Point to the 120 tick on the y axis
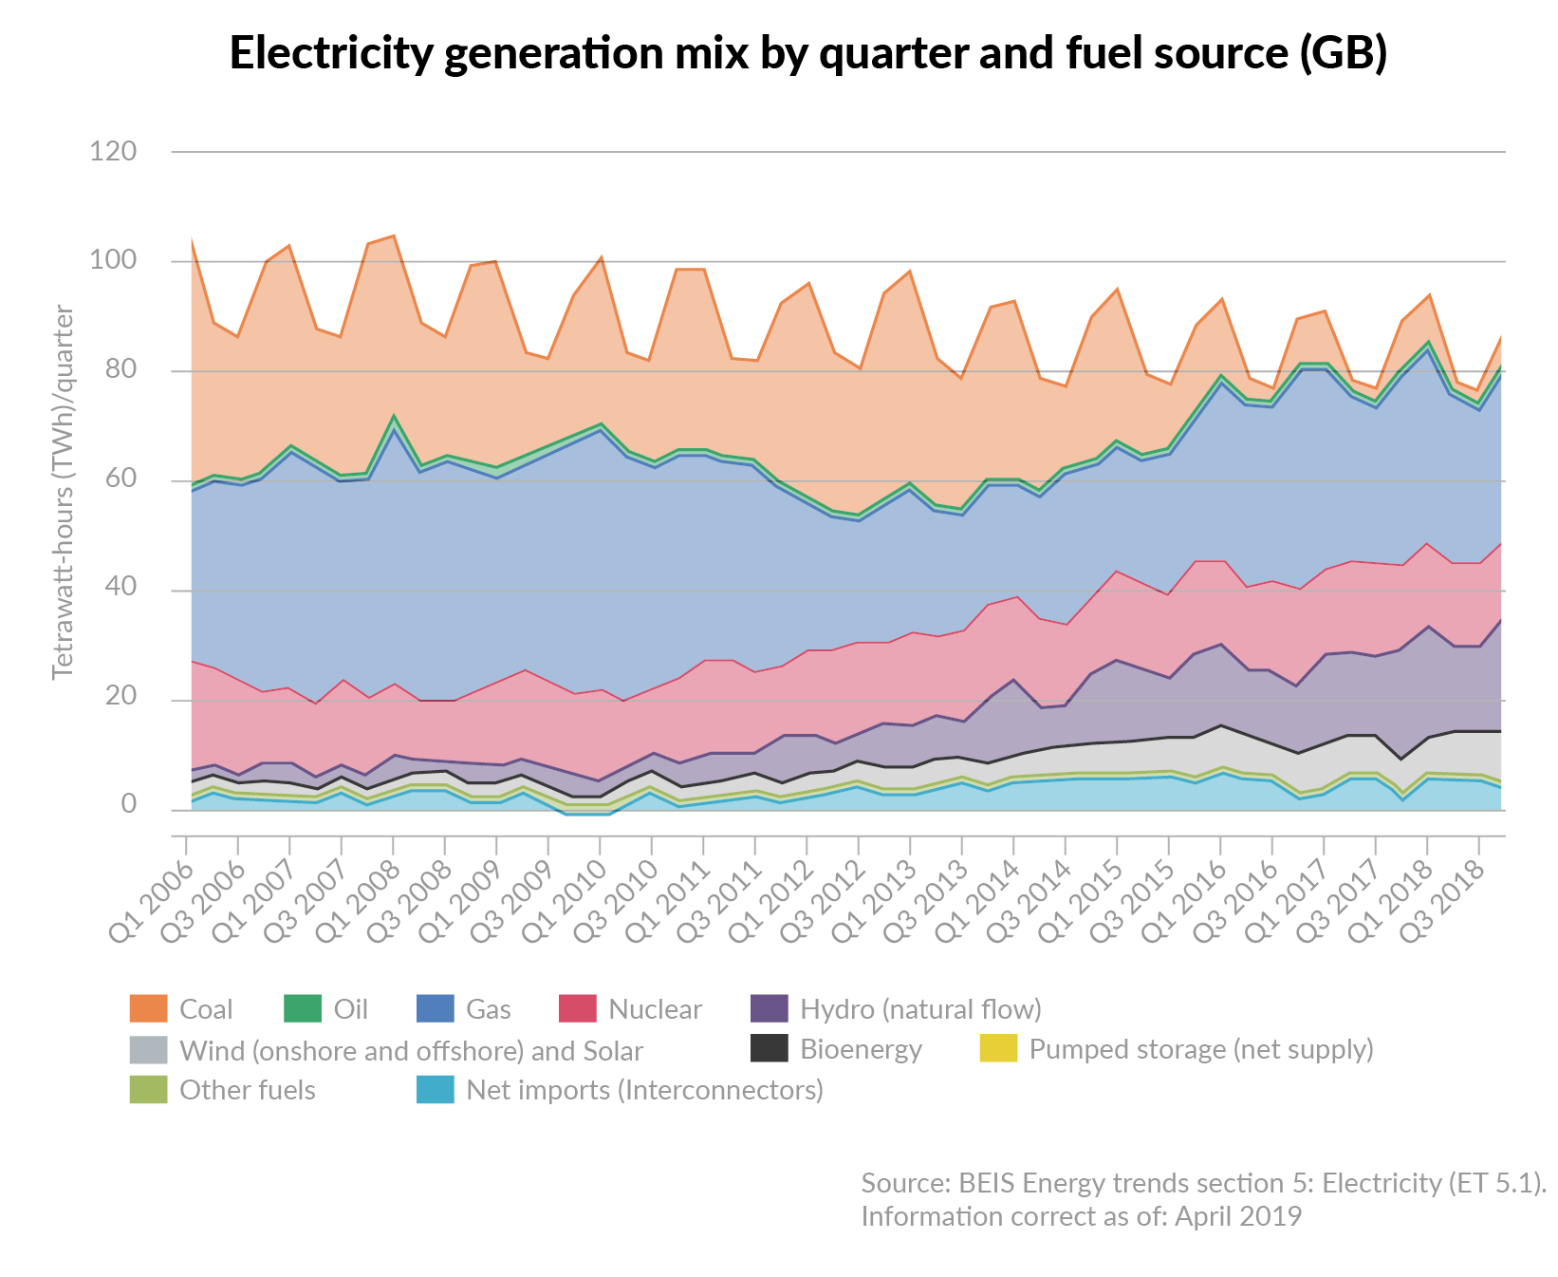point(113,151)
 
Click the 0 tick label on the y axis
point(128,805)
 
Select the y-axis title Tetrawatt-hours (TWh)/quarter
point(63,492)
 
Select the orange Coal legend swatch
point(148,1008)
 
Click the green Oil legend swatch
point(303,1008)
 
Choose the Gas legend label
point(488,1008)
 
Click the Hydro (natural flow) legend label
point(920,1008)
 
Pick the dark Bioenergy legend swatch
point(770,1048)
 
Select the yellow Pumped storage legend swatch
point(998,1048)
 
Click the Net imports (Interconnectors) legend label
point(644,1089)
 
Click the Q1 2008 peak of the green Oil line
point(393,416)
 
